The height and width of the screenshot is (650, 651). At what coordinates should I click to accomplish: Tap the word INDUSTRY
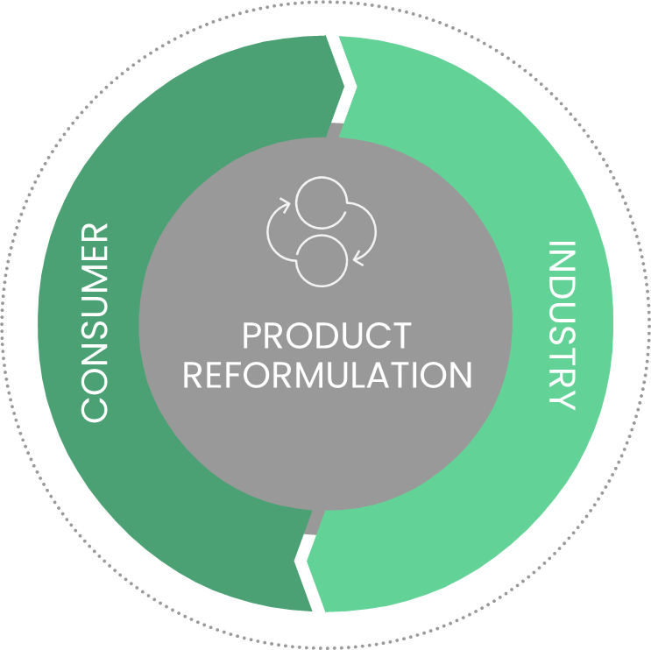point(561,325)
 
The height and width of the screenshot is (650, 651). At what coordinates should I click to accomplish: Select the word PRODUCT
point(326,336)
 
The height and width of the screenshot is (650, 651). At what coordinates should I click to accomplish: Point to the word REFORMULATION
point(326,374)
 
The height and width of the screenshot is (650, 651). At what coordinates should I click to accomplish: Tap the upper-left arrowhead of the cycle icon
point(282,207)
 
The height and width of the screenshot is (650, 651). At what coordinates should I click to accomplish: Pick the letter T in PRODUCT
point(400,336)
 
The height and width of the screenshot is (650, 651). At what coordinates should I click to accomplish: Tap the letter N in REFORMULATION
point(458,374)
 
